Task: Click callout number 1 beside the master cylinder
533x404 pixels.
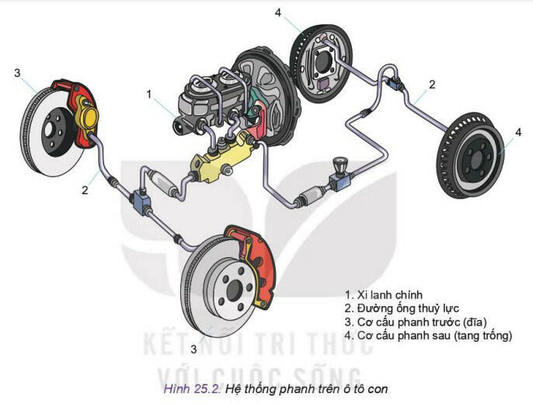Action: [148, 93]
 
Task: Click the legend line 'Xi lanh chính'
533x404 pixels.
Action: [389, 295]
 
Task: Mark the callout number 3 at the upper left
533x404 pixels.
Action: [17, 73]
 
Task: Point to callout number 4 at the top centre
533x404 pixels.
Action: [278, 12]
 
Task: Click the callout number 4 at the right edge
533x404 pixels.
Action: [518, 133]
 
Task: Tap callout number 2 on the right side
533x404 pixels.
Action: [432, 84]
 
